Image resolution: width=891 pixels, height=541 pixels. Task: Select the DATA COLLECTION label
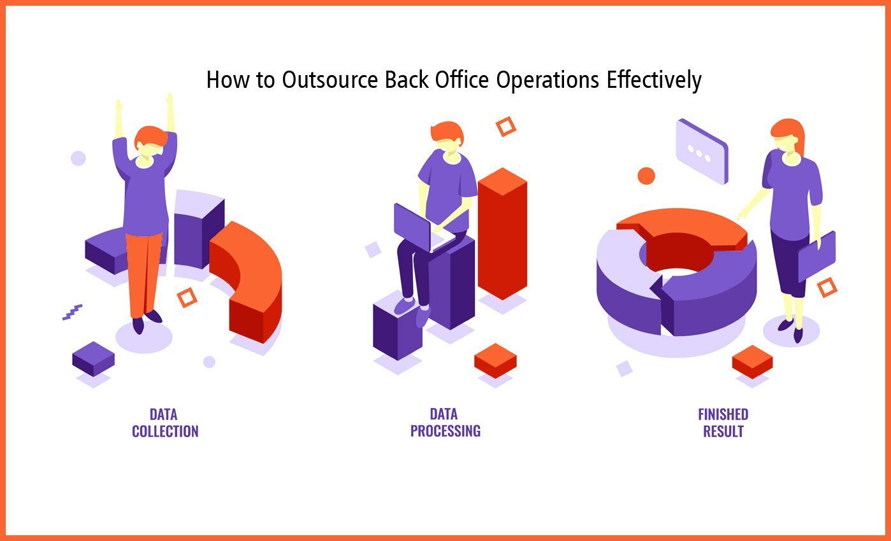(165, 423)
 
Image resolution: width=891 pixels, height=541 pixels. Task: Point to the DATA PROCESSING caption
(445, 423)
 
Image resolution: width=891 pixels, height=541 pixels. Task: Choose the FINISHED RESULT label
(723, 423)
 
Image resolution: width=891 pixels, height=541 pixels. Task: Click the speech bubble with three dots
(702, 151)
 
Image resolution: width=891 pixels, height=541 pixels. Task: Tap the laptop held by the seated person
(417, 226)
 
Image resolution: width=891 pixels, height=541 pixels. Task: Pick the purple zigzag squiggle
(72, 312)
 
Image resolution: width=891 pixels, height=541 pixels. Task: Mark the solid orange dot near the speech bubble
(646, 176)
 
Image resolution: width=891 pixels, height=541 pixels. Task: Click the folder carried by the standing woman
(816, 256)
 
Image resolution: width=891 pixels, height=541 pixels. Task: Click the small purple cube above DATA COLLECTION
(93, 358)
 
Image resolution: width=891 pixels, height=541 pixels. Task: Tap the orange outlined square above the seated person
(505, 126)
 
